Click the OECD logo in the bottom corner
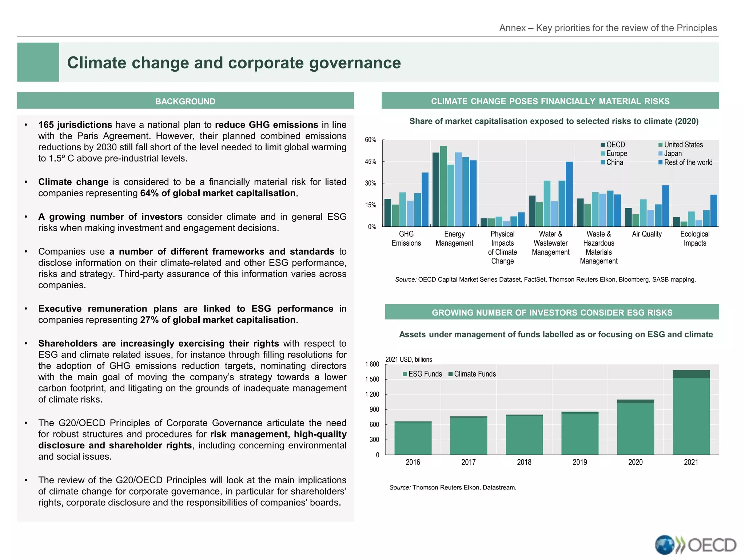[695, 545]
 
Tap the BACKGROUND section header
[185, 101]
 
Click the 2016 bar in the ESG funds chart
[413, 438]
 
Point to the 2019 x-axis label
[579, 462]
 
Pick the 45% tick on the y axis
[370, 162]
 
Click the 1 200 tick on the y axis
[372, 395]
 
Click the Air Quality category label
[646, 234]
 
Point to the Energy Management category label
[454, 238]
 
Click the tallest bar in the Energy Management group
[443, 186]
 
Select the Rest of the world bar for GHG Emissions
[425, 199]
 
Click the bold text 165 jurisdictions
[75, 125]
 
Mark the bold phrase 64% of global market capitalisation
[218, 193]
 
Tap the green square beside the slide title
[38, 62]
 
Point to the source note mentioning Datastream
[453, 487]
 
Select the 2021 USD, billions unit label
[409, 360]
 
